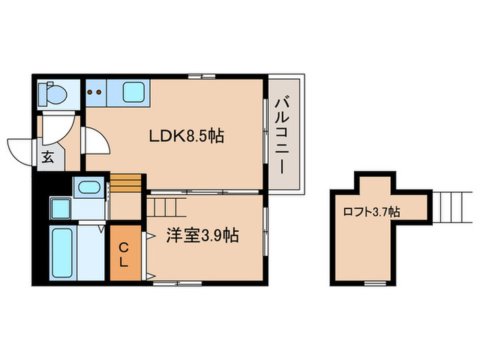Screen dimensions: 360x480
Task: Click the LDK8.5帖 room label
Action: pos(187,136)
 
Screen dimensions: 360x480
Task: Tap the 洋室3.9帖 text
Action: pos(202,236)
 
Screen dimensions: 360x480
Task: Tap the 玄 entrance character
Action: pos(47,156)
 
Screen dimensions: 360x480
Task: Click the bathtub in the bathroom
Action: pos(64,254)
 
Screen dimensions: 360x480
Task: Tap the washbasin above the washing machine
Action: pos(88,187)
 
